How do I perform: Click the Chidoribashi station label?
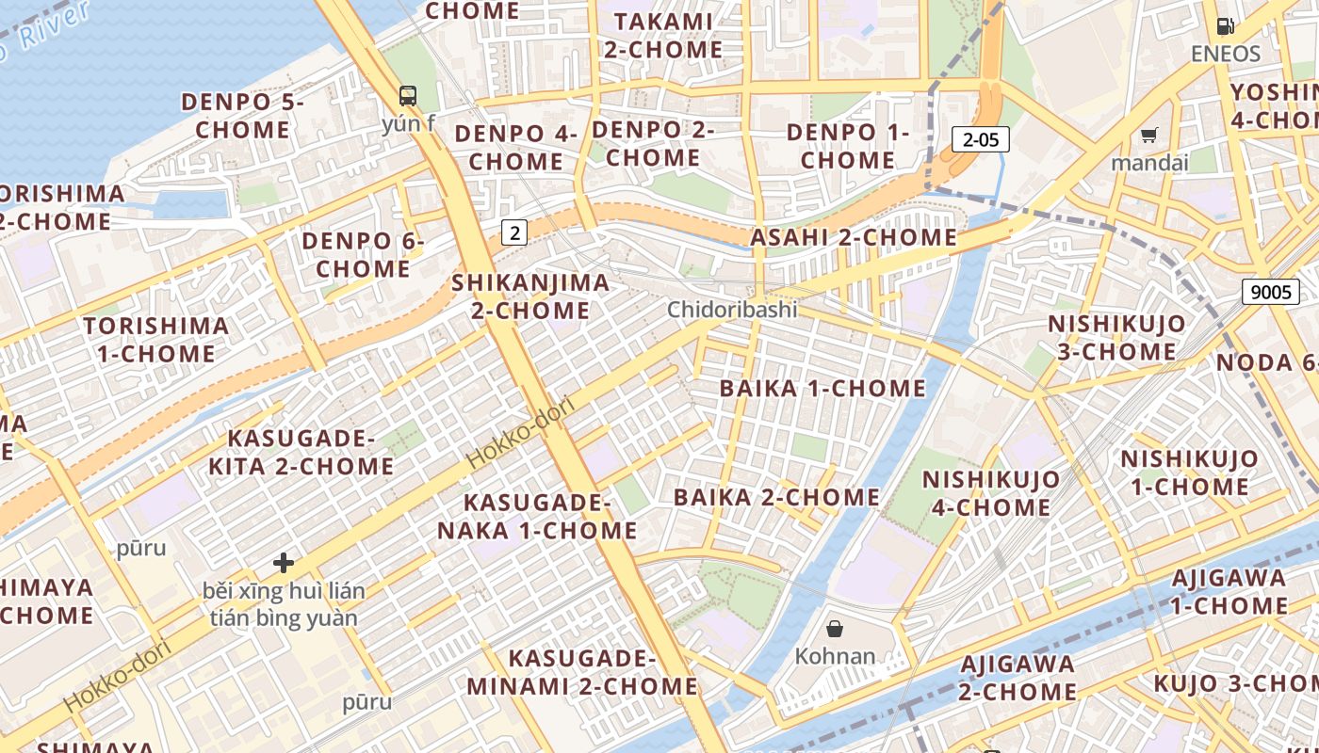(x=732, y=310)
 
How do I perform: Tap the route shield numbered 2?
(x=513, y=232)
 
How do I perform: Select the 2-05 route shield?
(x=980, y=140)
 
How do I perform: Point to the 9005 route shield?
(x=1270, y=292)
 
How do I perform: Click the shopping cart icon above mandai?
(x=1148, y=136)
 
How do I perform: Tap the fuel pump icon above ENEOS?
(x=1225, y=26)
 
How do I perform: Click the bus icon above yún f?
(x=408, y=95)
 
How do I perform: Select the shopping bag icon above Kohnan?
(x=835, y=628)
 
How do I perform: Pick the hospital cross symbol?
(x=284, y=563)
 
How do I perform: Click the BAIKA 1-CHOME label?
(x=822, y=389)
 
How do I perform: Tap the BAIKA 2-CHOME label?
(x=776, y=497)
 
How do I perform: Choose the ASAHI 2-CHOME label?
(x=853, y=238)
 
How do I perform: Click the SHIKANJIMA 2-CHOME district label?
(x=530, y=296)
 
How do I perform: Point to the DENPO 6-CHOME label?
(x=363, y=255)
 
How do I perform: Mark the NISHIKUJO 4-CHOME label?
(x=990, y=493)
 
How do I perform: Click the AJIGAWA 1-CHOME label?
(x=1229, y=591)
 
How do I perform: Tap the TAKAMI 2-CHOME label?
(x=662, y=35)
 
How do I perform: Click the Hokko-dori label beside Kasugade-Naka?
(x=521, y=434)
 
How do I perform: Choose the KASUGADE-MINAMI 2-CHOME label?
(x=581, y=672)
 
